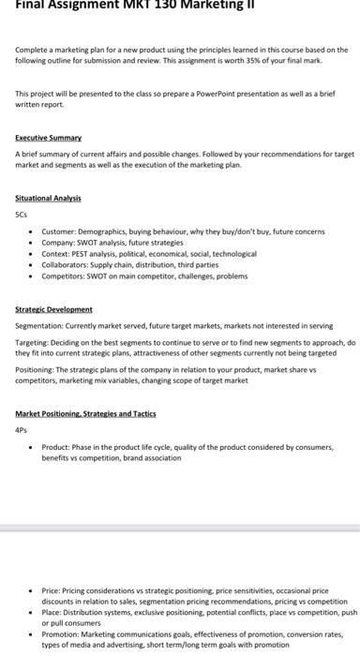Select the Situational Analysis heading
coord(48,199)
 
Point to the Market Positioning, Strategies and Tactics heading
coord(85,412)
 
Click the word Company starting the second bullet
coord(58,242)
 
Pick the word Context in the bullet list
coord(56,253)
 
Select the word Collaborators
coord(65,264)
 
